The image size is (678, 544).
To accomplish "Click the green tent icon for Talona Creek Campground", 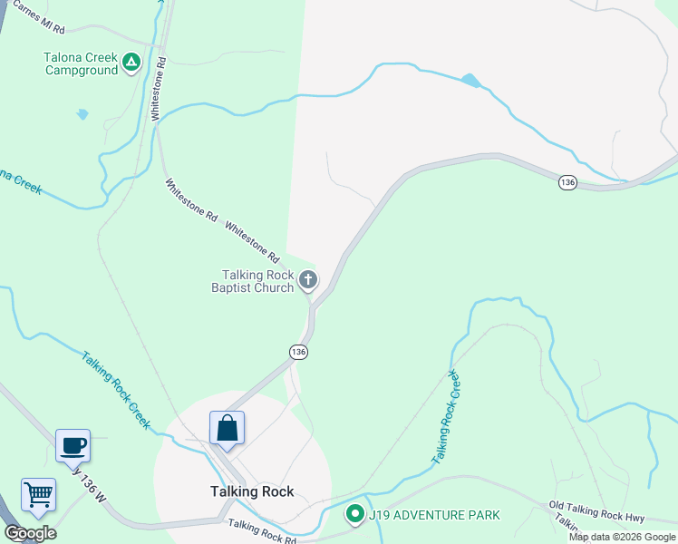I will (x=131, y=63).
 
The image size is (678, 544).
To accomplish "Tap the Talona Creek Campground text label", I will (x=81, y=63).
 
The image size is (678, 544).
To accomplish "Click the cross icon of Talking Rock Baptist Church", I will (x=308, y=280).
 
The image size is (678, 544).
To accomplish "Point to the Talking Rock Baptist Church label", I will (x=257, y=281).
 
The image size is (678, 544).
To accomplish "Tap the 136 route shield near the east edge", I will (x=567, y=182).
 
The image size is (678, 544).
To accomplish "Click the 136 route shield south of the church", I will (x=299, y=351).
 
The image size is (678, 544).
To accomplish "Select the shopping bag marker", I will (x=226, y=427).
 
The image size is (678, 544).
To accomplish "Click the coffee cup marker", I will (x=73, y=445).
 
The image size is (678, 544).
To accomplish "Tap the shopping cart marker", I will (x=39, y=496).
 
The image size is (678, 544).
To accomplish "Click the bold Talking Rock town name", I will (x=247, y=492).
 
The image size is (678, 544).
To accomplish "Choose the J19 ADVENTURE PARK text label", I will (x=434, y=515).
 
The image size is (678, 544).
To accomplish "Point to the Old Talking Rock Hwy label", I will (x=596, y=511).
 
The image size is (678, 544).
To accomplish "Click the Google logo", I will (x=30, y=533).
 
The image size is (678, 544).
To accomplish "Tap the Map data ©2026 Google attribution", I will (x=622, y=537).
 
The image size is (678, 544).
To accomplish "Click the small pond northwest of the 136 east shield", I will (x=470, y=81).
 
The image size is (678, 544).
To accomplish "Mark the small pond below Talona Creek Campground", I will (x=82, y=114).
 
